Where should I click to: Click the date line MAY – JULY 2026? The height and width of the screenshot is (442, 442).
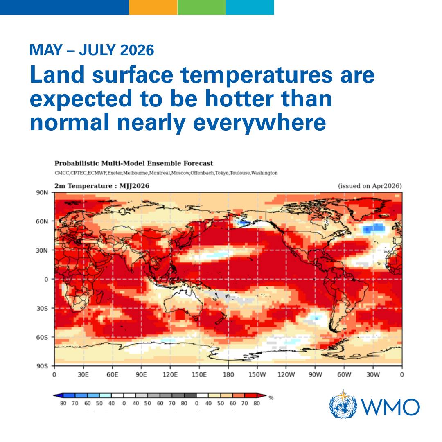[92, 50]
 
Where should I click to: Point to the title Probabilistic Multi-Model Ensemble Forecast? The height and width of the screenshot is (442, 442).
[134, 163]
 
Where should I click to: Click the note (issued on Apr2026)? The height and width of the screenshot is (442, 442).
[370, 186]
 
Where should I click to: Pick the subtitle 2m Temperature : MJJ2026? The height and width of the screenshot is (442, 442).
[102, 186]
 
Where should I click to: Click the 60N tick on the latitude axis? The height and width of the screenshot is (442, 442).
[44, 221]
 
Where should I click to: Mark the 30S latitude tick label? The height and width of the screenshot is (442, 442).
[44, 308]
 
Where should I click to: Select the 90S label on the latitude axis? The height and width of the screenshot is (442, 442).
[44, 366]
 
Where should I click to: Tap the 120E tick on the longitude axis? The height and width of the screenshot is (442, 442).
[170, 374]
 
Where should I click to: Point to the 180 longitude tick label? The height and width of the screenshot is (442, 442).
[228, 374]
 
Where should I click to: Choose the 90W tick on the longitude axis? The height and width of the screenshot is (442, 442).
[315, 374]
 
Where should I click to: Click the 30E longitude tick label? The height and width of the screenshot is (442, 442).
[83, 374]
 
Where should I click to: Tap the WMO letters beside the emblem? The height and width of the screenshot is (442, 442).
[390, 407]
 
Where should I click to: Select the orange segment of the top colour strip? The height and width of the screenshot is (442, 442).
[153, 7]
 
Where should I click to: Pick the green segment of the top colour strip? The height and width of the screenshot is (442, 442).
[201, 7]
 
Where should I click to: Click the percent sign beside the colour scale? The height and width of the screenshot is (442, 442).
[271, 397]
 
